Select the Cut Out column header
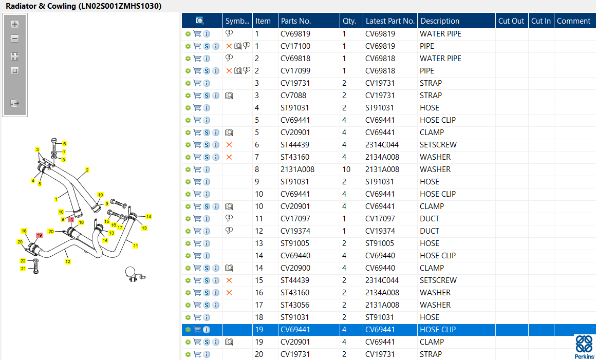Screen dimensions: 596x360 click(x=511, y=21)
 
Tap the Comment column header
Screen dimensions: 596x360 click(x=573, y=21)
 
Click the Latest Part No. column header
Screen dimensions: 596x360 click(x=390, y=21)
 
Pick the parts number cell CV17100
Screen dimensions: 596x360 click(x=295, y=46)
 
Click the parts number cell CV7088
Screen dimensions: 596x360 click(x=293, y=96)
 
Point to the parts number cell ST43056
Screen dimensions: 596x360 click(x=295, y=305)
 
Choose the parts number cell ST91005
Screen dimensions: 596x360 click(x=295, y=243)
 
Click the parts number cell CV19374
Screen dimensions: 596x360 click(x=295, y=231)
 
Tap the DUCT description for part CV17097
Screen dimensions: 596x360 click(x=430, y=219)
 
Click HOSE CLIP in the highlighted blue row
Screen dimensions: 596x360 click(x=438, y=330)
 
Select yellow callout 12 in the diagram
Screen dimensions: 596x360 click(x=68, y=261)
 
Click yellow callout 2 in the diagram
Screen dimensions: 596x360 click(x=87, y=170)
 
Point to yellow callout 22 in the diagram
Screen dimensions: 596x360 click(x=23, y=261)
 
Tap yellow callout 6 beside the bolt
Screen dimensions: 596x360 click(x=65, y=144)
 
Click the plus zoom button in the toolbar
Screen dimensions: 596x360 click(x=15, y=24)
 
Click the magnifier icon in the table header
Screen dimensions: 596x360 click(x=199, y=21)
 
